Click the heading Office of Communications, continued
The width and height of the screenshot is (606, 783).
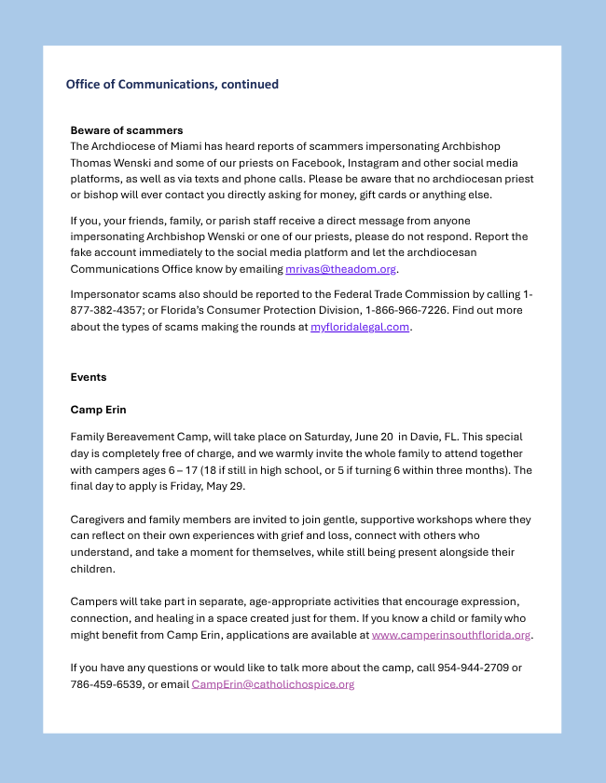[172, 84]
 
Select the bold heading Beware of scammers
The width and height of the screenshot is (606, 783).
[127, 130]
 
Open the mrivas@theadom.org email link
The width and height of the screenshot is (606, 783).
[340, 269]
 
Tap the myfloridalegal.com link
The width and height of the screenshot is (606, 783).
[360, 327]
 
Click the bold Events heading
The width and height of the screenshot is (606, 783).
[89, 377]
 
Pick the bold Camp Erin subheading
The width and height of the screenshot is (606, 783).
[98, 410]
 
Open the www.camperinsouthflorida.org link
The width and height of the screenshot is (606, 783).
[451, 635]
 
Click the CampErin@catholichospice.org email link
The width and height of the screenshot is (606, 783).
[273, 684]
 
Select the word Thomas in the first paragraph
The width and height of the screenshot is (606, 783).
[91, 163]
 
